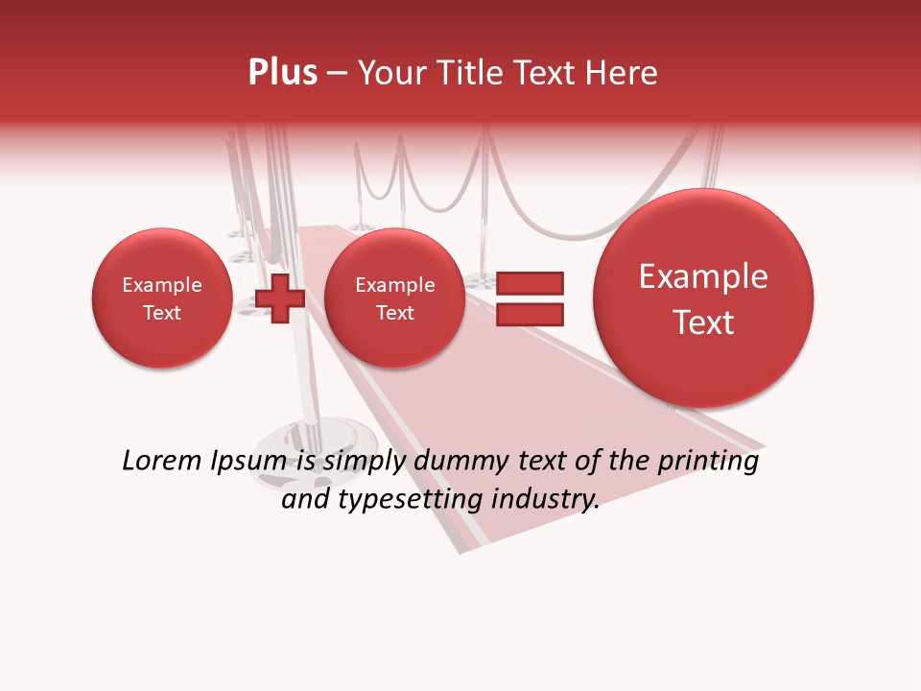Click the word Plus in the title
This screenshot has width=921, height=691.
pyautogui.click(x=283, y=73)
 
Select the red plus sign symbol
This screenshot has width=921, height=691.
pyautogui.click(x=279, y=298)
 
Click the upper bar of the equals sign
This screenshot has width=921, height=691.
pyautogui.click(x=529, y=283)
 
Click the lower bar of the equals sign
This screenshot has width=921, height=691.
pyautogui.click(x=529, y=314)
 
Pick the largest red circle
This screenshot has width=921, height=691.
pyautogui.click(x=703, y=298)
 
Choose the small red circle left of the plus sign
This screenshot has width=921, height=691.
pyautogui.click(x=162, y=298)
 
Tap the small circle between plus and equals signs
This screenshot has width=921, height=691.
pyautogui.click(x=394, y=298)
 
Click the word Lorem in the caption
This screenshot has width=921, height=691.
pyautogui.click(x=162, y=462)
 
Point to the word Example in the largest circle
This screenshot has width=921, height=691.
pyautogui.click(x=703, y=276)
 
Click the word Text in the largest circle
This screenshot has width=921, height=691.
pyautogui.click(x=703, y=322)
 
